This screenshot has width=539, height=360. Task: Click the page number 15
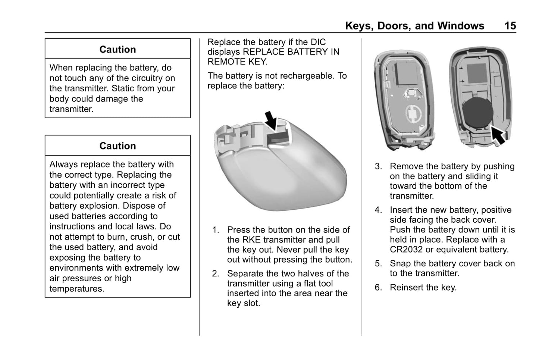coord(510,26)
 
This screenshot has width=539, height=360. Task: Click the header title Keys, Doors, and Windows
coord(414,26)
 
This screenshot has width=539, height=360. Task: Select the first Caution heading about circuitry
coord(117,50)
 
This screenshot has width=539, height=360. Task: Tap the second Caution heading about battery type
coord(117,146)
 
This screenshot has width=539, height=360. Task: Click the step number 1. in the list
coord(216,230)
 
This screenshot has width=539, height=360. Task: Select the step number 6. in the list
coord(378,288)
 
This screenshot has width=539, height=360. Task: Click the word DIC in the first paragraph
coord(317,42)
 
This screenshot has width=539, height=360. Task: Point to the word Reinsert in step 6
coord(407,288)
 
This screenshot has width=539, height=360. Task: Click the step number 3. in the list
coord(378,166)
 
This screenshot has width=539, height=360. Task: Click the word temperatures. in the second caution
coord(77,289)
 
